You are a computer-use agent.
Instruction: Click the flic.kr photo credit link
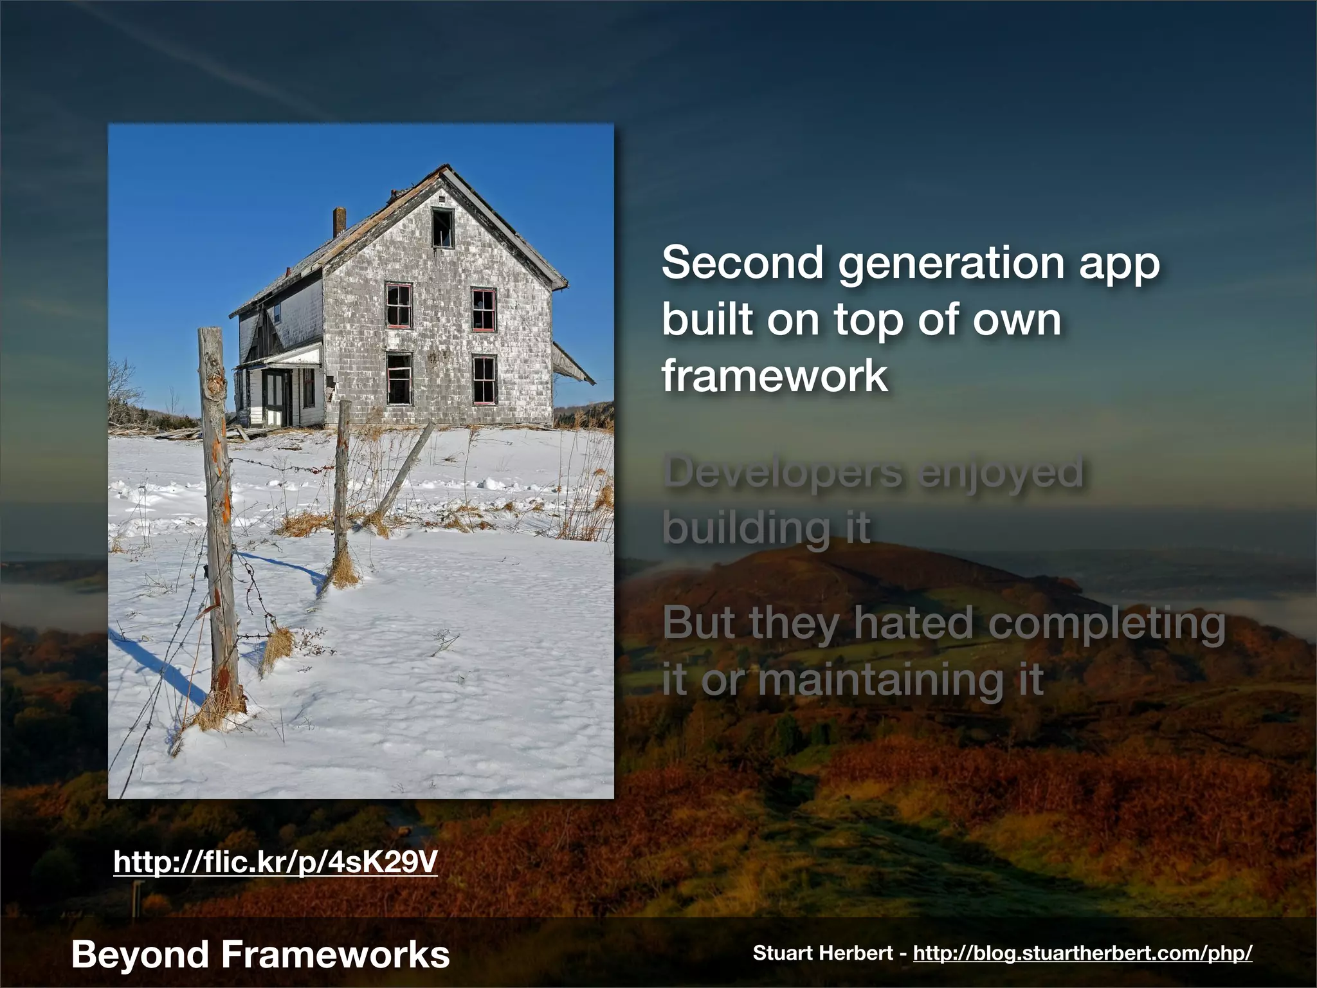pos(275,862)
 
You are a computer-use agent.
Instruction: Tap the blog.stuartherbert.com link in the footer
pos(1082,953)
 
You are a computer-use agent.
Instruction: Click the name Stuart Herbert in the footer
pos(823,953)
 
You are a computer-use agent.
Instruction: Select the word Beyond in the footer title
pos(140,955)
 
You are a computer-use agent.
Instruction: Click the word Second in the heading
pos(742,263)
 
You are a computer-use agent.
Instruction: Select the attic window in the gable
pos(442,228)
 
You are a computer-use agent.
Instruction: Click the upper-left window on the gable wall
pos(399,306)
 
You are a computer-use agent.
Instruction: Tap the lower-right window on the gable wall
pos(484,380)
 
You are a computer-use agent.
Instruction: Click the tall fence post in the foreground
pos(219,515)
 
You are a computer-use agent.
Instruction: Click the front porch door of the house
pos(275,398)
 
